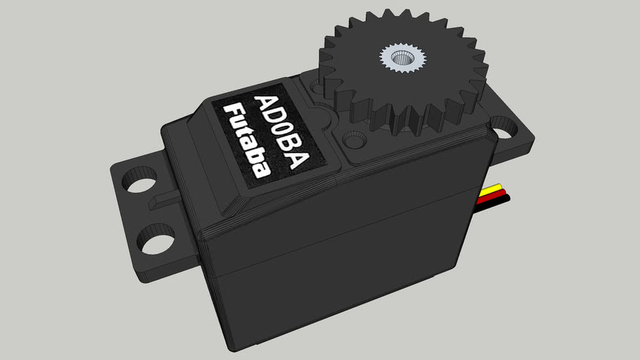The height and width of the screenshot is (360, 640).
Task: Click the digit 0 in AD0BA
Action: (x=281, y=133)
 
